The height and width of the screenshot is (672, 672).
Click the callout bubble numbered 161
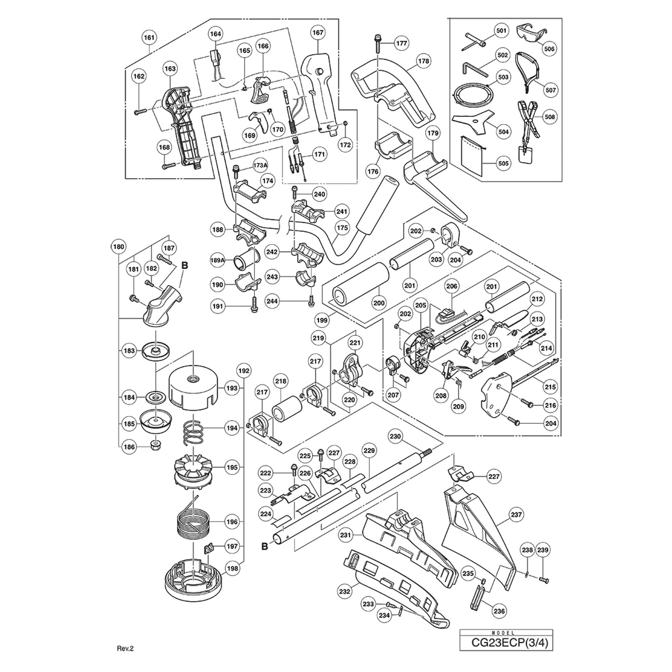(x=149, y=37)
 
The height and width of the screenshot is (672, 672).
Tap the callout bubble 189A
(x=218, y=260)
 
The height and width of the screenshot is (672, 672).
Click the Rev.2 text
(x=125, y=648)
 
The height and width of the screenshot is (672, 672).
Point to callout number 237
(x=516, y=514)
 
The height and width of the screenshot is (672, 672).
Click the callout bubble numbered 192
(x=244, y=371)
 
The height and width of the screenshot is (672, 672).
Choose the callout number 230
(x=395, y=436)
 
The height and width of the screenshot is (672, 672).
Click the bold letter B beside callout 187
(x=185, y=266)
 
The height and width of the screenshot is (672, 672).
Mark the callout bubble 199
(x=322, y=320)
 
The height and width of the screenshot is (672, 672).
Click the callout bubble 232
(x=344, y=591)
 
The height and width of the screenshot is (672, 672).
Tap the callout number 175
(x=342, y=228)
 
